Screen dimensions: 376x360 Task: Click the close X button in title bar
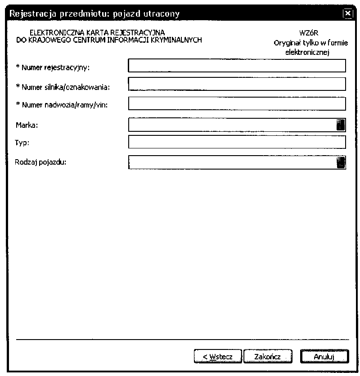(347, 14)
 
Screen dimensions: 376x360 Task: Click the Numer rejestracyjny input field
(237, 66)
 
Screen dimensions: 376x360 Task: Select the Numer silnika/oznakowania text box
(237, 85)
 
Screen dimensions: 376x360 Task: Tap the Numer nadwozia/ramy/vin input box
(237, 104)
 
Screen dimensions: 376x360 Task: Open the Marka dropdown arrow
(341, 125)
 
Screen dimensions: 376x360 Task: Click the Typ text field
(237, 142)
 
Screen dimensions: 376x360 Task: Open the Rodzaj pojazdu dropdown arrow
(341, 162)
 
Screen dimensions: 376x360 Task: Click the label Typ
(21, 143)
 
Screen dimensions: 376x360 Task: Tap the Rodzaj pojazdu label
(40, 162)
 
